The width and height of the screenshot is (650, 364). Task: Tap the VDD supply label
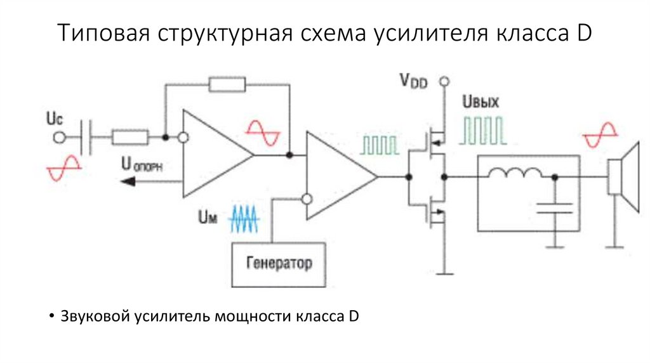(413, 81)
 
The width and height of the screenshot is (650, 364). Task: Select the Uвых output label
(482, 103)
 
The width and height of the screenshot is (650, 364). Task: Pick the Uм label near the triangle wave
(208, 218)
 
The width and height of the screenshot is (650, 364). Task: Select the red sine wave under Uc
(63, 166)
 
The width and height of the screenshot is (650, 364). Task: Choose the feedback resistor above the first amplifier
(227, 84)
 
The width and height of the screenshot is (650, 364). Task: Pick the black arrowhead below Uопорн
(128, 182)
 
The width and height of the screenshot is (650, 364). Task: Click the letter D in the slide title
(584, 33)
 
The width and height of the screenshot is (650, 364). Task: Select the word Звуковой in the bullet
(95, 316)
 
